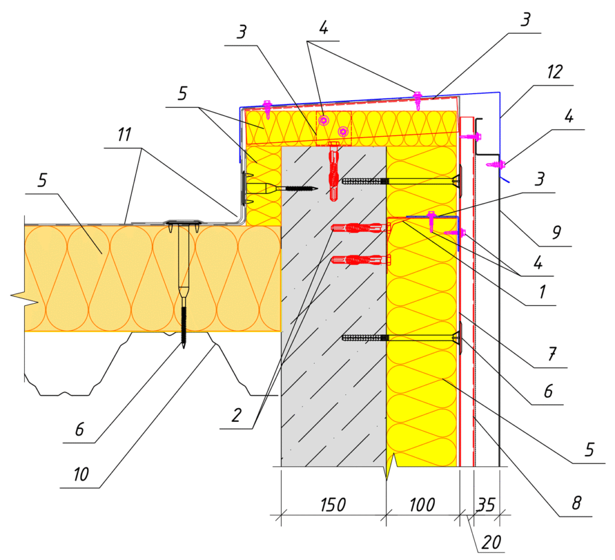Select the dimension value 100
[422, 505]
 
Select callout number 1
[542, 292]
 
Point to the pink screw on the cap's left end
[267, 107]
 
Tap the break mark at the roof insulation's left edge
[18, 296]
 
